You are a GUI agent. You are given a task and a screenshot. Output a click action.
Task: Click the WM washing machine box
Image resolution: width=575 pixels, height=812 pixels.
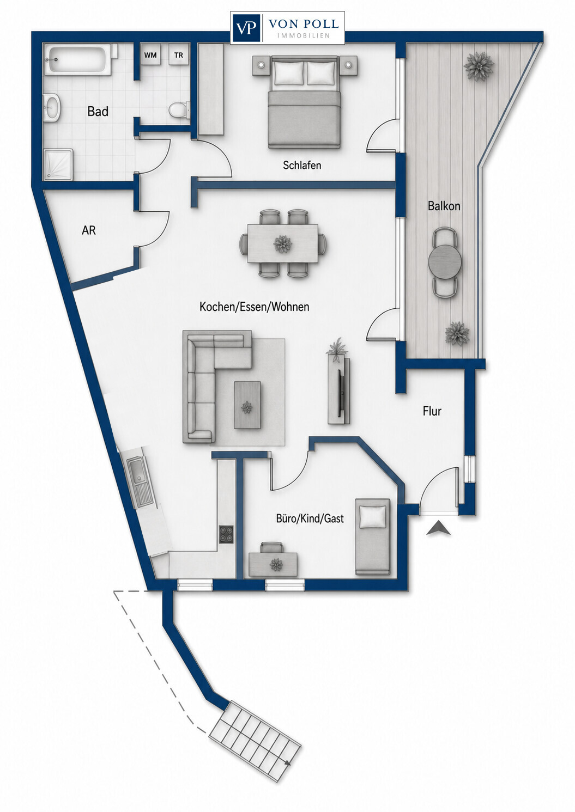[150, 54]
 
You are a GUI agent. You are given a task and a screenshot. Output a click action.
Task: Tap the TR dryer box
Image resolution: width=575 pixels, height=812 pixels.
[178, 54]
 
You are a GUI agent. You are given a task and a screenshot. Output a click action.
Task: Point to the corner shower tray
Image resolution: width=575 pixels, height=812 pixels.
[58, 164]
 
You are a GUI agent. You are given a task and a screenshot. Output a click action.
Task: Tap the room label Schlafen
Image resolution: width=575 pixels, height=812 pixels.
[302, 166]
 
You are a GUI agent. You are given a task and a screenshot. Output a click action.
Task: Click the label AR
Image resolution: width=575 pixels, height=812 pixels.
[89, 230]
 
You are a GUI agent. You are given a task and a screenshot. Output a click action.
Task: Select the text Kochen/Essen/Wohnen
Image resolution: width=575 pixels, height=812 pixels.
[255, 307]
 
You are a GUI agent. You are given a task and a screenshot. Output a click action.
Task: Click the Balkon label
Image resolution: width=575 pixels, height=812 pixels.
[444, 206]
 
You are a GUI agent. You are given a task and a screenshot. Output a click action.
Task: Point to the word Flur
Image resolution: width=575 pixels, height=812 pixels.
[432, 411]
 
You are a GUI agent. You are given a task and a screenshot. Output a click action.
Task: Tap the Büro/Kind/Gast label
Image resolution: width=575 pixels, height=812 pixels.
[310, 518]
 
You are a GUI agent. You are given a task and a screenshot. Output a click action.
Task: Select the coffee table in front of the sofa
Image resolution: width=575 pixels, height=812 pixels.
[247, 405]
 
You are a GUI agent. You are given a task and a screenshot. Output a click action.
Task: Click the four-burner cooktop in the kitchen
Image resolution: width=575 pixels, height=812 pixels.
[226, 535]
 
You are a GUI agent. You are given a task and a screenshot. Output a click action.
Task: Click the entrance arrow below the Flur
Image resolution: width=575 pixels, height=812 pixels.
[438, 528]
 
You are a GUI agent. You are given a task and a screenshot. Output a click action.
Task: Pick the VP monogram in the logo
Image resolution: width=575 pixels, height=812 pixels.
[246, 28]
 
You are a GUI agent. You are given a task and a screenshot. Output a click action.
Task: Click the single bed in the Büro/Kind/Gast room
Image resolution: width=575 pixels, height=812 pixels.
[373, 536]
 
